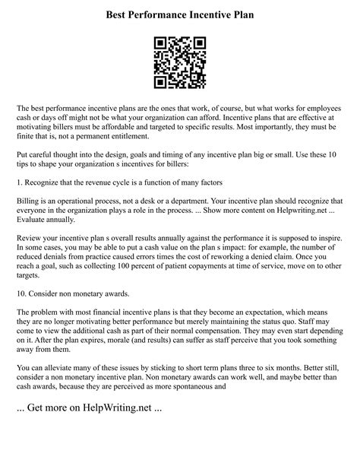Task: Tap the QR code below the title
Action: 179,62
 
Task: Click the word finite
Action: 29,141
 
